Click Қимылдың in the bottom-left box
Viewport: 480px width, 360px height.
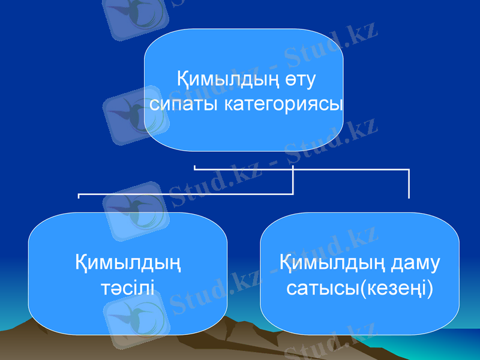click(128, 263)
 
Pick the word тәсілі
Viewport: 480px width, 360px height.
click(127, 289)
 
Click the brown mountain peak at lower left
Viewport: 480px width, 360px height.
click(36, 327)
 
